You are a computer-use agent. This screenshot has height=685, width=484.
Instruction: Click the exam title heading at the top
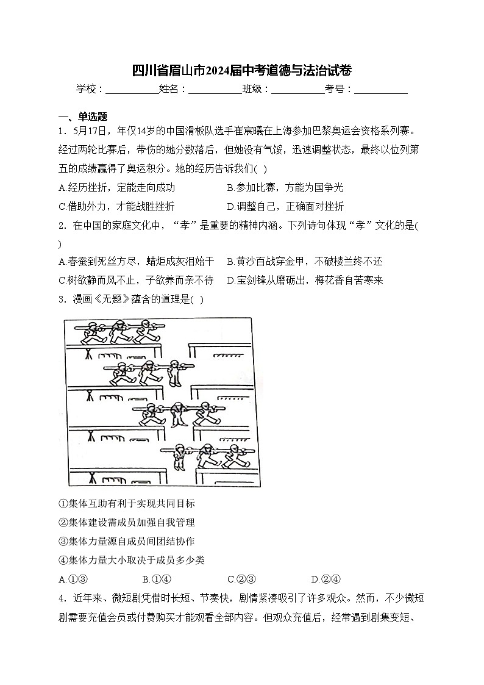[241, 71]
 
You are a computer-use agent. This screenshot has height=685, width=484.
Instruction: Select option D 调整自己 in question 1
[285, 206]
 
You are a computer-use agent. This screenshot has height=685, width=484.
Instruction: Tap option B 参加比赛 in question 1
[285, 187]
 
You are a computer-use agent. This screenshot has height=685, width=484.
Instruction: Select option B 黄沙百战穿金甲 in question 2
[304, 262]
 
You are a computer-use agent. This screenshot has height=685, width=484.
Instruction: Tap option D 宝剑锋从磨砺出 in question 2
[304, 281]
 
